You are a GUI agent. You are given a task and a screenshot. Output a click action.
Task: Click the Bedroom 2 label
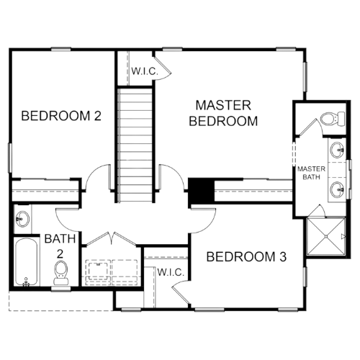(61, 116)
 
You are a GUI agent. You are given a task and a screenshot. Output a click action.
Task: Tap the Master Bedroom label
(223, 113)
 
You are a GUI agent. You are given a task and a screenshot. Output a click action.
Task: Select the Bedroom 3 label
(246, 257)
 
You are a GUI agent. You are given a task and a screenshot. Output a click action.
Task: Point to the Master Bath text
(311, 173)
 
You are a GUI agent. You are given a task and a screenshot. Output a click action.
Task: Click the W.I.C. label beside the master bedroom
(145, 71)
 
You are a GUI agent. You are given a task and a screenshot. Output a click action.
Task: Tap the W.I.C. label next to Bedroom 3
(171, 272)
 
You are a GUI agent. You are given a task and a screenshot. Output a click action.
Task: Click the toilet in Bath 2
(60, 273)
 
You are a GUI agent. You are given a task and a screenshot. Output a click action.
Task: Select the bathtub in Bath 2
(26, 262)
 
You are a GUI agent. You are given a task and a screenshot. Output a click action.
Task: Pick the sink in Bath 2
(22, 219)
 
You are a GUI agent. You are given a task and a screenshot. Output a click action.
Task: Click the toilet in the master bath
(333, 119)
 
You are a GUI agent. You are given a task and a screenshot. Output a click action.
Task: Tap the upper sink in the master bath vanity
(337, 150)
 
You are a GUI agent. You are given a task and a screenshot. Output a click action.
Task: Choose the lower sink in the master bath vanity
(337, 190)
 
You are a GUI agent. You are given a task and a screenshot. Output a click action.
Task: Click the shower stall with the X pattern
(326, 236)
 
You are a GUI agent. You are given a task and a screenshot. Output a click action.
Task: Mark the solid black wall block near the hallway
(201, 191)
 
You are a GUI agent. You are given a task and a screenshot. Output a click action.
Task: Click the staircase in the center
(135, 145)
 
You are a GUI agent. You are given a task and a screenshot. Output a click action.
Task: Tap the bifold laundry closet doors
(112, 238)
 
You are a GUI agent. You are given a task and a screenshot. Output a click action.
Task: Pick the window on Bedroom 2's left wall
(10, 158)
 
